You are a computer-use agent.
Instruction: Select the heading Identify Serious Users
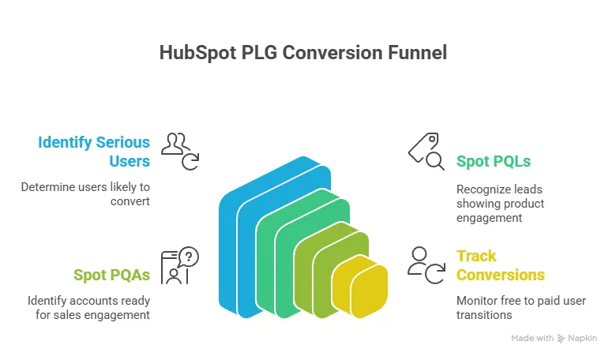[94, 152]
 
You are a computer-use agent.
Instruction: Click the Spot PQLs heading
[493, 162]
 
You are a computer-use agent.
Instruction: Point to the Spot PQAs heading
[111, 275]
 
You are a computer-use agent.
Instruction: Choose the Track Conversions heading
[500, 265]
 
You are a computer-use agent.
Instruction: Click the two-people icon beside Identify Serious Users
[180, 150]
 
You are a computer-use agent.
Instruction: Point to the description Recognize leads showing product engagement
[500, 204]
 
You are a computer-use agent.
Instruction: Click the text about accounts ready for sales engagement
[88, 308]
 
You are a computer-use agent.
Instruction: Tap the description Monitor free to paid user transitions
[506, 308]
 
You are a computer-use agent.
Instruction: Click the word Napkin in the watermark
[584, 338]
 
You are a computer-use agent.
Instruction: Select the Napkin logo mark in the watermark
[561, 338]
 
